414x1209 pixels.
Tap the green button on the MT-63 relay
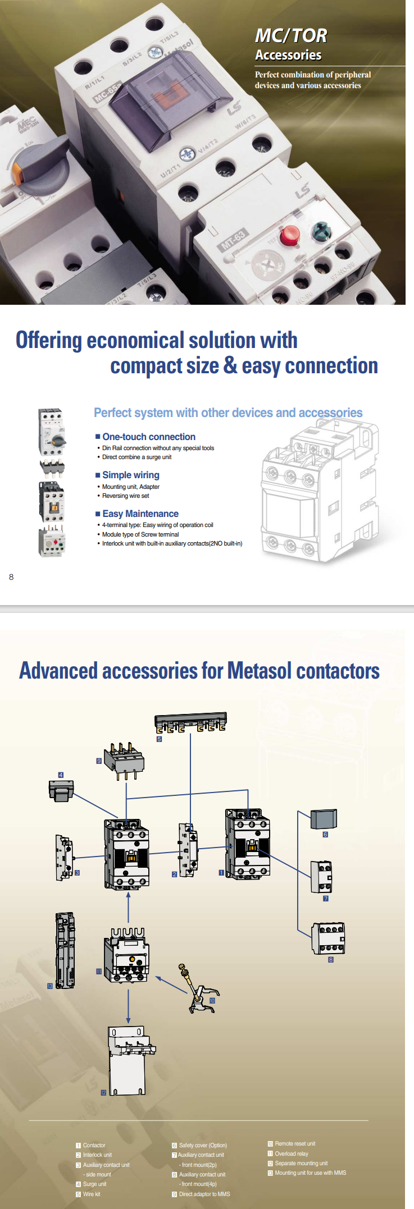coord(321,230)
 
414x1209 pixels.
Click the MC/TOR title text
coord(290,36)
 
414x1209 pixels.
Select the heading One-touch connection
coord(148,437)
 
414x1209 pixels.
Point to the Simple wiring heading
coord(130,475)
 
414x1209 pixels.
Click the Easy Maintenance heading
coord(140,514)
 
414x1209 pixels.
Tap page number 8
coord(11,577)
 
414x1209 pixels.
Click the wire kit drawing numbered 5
coord(190,723)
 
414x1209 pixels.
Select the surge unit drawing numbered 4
coord(61,790)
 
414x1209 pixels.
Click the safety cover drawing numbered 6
coord(324,819)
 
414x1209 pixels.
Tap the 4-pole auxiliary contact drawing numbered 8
coord(329,938)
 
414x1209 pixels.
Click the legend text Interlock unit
coord(97,1155)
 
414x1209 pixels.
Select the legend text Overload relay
coord(291,1153)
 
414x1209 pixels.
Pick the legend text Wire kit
coord(92,1194)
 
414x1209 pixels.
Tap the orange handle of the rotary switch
coord(17,173)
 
